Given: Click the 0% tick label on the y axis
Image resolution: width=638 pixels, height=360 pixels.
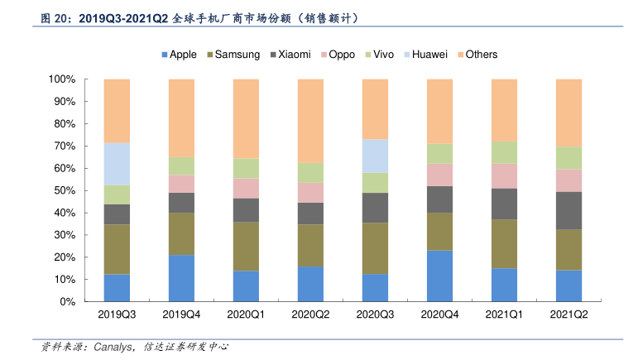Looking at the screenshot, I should click(x=67, y=302).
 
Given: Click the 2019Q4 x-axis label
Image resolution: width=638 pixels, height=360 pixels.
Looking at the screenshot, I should click(x=181, y=315).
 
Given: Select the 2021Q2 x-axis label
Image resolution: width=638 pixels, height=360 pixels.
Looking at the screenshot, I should click(x=568, y=315).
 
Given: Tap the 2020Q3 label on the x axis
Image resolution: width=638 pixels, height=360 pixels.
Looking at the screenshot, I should click(x=375, y=315).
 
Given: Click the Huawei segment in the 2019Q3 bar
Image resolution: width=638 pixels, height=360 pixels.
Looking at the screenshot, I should click(x=117, y=164).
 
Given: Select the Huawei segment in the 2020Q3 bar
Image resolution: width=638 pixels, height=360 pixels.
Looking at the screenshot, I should click(x=375, y=156).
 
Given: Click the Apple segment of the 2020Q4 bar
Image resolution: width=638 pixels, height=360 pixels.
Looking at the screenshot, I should click(x=439, y=276).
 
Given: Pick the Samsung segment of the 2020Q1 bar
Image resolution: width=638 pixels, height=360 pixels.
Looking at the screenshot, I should click(x=246, y=247).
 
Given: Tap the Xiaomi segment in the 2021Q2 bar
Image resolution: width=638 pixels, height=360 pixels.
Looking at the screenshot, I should click(x=568, y=210).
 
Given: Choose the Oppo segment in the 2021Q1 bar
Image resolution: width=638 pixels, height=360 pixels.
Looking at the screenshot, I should click(x=504, y=175).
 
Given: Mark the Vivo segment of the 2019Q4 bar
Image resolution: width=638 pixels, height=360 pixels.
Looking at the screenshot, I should click(x=181, y=166).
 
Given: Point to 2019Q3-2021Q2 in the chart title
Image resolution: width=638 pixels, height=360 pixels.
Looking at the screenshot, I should click(x=124, y=17).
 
